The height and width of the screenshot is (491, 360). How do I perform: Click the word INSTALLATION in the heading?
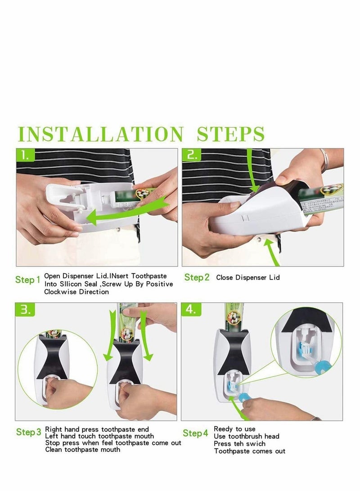coord(100,134)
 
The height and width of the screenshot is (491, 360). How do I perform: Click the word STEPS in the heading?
coord(231,134)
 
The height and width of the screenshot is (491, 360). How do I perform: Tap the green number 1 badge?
coord(26,155)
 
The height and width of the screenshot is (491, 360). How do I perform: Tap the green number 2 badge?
coord(192,155)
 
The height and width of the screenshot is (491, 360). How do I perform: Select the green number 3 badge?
coord(25,309)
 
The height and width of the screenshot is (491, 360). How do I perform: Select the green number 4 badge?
coord(191,309)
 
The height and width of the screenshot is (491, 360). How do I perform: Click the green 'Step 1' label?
coord(28,280)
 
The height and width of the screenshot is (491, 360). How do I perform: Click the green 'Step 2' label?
coord(197,277)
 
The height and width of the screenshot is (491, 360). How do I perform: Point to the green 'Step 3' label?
coord(28,432)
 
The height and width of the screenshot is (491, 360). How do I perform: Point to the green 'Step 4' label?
coord(195,433)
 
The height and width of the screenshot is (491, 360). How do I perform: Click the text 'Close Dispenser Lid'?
coord(247,277)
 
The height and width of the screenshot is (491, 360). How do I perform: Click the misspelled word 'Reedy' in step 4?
coord(223,429)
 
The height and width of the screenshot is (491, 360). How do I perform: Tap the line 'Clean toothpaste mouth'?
coord(83,450)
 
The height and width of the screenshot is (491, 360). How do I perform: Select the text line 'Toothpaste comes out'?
coord(249,451)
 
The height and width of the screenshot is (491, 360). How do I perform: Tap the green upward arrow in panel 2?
coord(272,252)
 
